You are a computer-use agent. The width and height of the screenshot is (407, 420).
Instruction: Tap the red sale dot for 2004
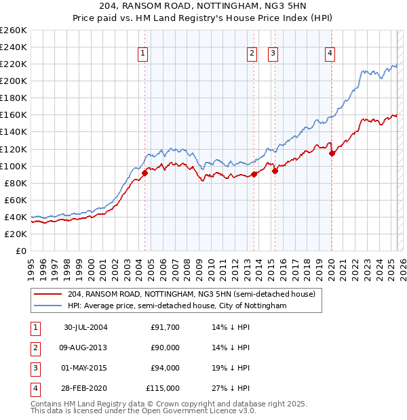point(144,173)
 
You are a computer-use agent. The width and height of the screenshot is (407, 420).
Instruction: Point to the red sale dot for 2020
point(332,153)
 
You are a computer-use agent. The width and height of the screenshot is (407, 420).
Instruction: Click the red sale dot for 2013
point(254,174)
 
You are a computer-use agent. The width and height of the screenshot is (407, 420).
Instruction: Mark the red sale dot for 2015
point(275,171)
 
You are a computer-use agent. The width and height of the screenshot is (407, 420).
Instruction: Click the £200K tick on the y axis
point(13,81)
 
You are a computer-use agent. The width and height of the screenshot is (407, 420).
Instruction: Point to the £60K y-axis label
point(16,200)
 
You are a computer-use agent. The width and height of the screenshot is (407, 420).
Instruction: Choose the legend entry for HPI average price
point(177,306)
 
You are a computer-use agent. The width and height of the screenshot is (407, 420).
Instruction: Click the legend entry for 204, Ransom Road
point(191,295)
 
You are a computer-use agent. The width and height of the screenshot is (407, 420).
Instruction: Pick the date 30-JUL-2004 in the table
point(86,327)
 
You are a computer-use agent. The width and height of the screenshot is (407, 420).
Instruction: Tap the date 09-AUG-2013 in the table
point(86,348)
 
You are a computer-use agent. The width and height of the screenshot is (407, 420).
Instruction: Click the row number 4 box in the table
point(35,388)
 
